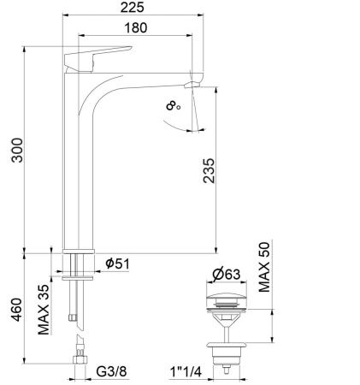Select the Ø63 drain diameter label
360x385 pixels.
click(x=224, y=275)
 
